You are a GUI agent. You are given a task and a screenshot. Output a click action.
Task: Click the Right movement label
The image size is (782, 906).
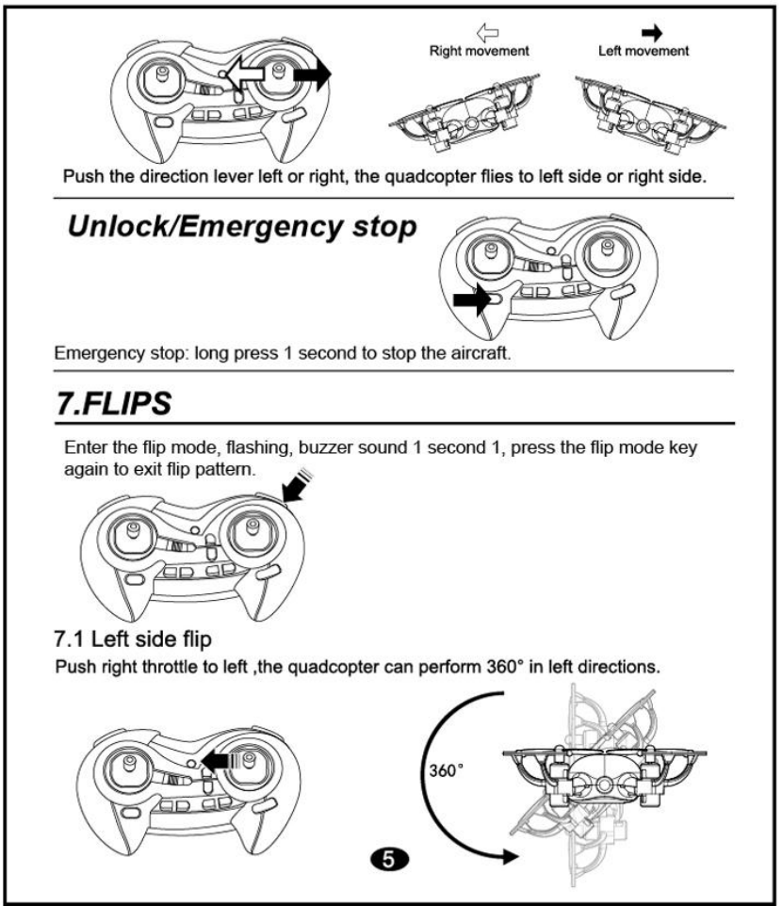(480, 51)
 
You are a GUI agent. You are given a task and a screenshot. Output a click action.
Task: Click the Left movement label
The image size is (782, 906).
(644, 51)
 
